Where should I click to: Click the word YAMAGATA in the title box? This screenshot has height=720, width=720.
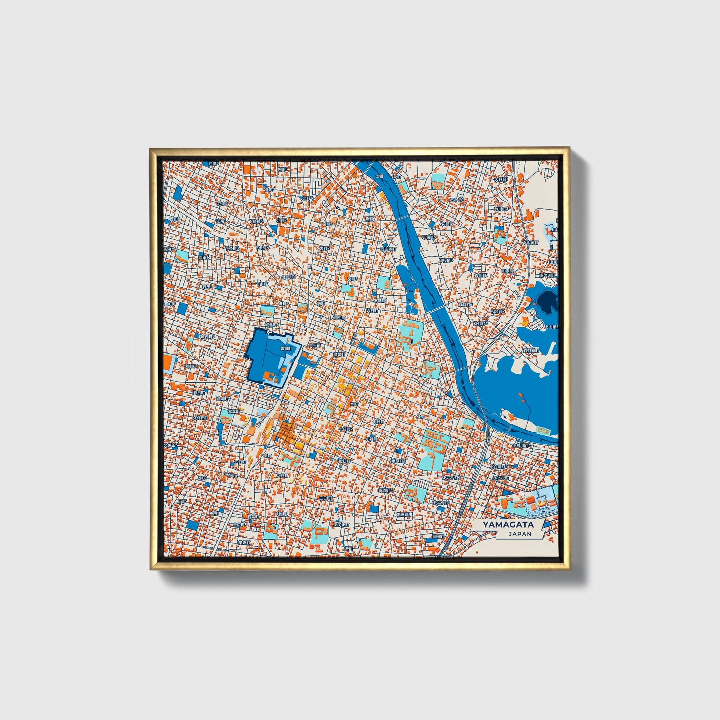coord(508,524)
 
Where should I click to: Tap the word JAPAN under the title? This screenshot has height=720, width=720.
coord(520,534)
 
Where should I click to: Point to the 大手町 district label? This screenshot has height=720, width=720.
coord(314,345)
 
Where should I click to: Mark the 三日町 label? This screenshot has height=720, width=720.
coord(325,498)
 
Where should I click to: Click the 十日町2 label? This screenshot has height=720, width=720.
coord(345,429)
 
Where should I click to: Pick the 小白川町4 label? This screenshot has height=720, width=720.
coord(498,467)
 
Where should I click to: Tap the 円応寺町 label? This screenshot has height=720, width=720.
coord(388,248)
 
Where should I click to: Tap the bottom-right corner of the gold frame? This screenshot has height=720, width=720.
coord(569,569)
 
